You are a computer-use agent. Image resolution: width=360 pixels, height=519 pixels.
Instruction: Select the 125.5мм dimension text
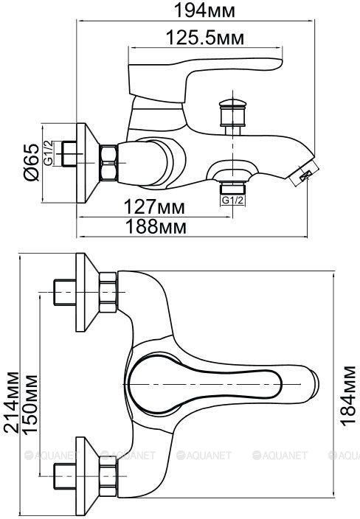(205, 38)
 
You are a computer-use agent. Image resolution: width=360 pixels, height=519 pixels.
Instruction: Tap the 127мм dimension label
(154, 207)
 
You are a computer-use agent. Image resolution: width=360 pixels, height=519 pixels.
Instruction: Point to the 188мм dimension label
(156, 227)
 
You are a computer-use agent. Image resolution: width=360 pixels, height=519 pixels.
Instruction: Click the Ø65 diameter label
(32, 162)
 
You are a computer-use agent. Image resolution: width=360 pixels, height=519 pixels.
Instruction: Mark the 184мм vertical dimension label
(347, 396)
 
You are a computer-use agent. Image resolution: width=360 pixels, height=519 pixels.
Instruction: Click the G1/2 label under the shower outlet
(232, 201)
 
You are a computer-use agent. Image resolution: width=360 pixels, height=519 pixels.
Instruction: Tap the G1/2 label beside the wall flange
(49, 153)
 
